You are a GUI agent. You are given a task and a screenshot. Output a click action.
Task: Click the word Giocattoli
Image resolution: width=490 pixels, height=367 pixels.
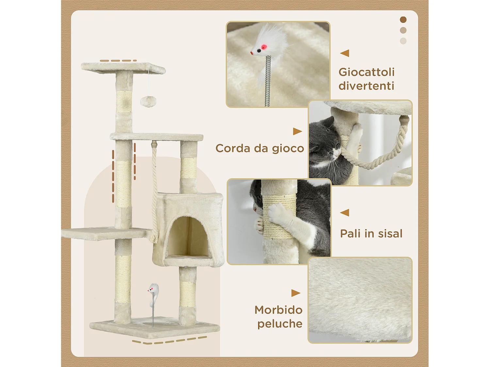pos(367,72)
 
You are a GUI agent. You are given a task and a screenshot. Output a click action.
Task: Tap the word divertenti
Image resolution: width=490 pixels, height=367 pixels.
pos(366,86)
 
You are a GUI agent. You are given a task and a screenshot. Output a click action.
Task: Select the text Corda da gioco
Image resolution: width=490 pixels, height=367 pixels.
pos(260,148)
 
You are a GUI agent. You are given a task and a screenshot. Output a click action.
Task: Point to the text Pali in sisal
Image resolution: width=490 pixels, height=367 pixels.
pos(371,234)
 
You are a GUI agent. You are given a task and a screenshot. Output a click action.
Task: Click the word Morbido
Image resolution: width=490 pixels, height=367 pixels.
pos(278,310)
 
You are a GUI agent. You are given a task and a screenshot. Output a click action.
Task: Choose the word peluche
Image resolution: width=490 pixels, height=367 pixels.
pos(280,324)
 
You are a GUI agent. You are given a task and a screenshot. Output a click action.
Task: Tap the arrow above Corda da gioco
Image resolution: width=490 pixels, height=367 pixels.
pos(298,131)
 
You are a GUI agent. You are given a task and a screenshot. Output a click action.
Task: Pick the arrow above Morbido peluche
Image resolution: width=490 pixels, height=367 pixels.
pos(296,293)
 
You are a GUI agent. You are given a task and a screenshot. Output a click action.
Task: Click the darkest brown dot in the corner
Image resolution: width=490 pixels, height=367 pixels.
pos(403,20)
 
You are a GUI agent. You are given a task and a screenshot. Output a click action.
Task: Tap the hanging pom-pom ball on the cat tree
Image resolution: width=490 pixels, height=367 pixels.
pos(148,101)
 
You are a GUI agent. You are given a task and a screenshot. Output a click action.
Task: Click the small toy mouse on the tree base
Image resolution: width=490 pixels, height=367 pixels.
pos(154,292)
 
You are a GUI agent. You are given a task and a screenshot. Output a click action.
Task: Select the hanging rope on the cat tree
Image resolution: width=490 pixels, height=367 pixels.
pos(154,191)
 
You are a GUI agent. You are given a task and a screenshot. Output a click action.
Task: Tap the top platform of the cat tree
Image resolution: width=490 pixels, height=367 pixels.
pos(123,68)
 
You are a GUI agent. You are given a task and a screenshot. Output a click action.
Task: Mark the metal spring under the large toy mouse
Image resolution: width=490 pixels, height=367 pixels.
pos(268,81)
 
